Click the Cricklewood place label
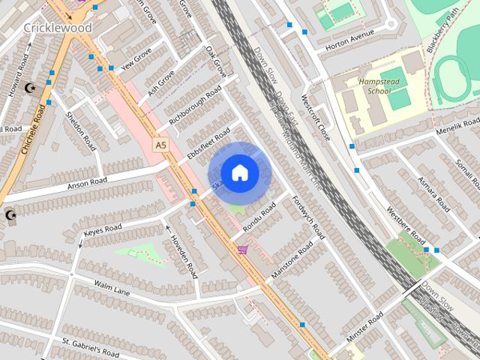click(58, 28)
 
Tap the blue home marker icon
click(239, 172)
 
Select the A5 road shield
click(160, 145)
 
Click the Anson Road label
click(87, 182)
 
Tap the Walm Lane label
click(112, 287)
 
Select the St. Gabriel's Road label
click(90, 347)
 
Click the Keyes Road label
click(103, 230)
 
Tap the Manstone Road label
click(292, 261)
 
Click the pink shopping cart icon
click(242, 249)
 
